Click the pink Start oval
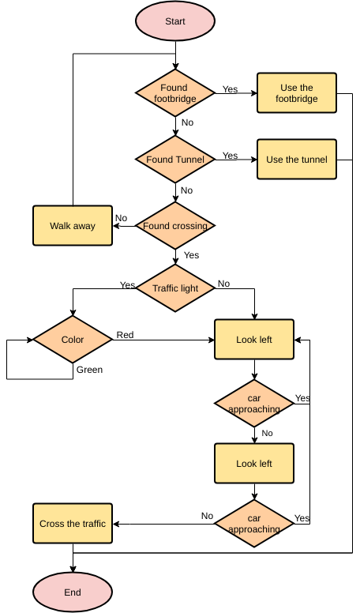point(175,21)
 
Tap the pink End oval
point(73,592)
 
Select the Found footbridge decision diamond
point(175,93)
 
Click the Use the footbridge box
point(297,93)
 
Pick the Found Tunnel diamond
point(175,160)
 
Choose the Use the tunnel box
point(297,160)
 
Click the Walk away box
point(73,226)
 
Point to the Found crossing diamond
point(175,226)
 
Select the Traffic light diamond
point(175,288)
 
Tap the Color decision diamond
point(73,340)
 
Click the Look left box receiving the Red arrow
point(254,340)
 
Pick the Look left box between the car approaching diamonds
point(254,464)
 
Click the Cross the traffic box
point(73,524)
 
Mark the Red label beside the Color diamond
point(126,335)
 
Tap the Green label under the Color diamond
point(89,369)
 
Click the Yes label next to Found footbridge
point(230,89)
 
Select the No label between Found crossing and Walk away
point(121,218)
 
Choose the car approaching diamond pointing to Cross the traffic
point(254,524)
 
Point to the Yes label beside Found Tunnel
point(230,156)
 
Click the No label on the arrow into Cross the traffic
point(207,516)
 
